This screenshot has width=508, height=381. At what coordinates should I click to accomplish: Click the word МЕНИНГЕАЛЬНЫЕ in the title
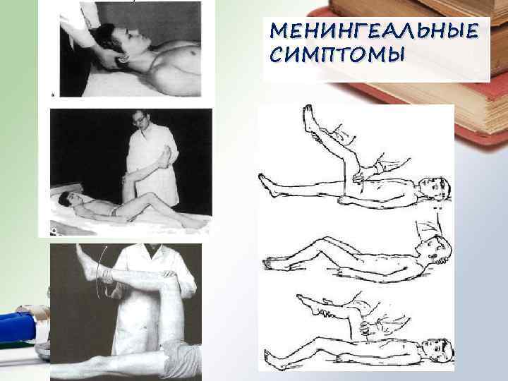click(x=372, y=31)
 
